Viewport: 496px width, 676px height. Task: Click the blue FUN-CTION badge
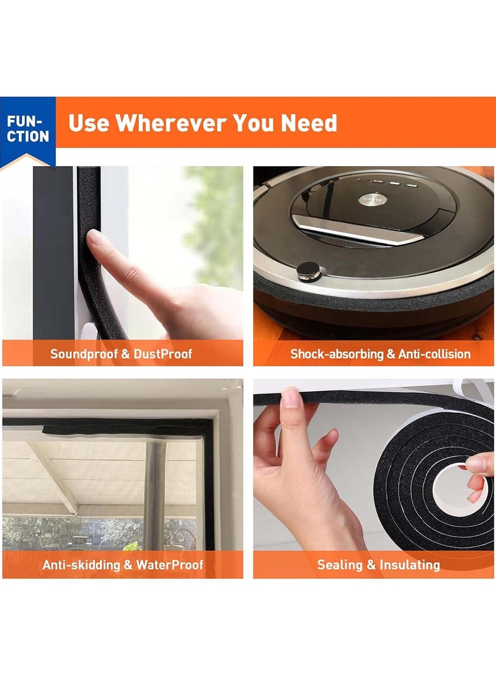coord(28,128)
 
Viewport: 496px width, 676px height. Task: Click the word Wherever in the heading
coord(172,123)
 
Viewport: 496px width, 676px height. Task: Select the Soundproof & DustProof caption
coord(122,354)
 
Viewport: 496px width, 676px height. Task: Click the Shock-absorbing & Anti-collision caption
coord(380,354)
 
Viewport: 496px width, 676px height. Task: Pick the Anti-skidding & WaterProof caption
coord(123,565)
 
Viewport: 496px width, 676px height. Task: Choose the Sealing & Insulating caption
coord(378,565)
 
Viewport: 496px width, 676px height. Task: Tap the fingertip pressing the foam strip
coord(94,237)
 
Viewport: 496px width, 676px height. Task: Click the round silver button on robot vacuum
coord(309,271)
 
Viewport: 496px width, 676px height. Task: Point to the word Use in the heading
coord(89,123)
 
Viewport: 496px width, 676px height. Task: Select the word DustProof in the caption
coord(164,354)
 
